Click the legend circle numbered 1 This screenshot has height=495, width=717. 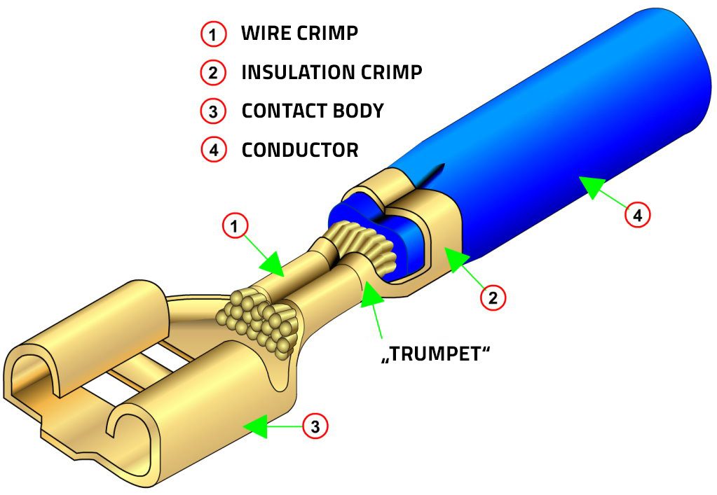coord(213,34)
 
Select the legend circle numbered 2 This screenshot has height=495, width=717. coord(213,72)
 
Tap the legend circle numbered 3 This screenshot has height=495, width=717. coord(213,111)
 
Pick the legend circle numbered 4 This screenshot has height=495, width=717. coord(213,149)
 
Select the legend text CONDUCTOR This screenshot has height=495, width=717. coord(300,149)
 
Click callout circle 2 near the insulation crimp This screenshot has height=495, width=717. coord(492,297)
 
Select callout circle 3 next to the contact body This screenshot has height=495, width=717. coord(315,426)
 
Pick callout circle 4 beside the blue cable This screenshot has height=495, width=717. coord(637,214)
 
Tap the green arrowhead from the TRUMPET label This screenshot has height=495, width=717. coord(369,295)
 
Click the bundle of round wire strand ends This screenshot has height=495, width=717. coord(263,316)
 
